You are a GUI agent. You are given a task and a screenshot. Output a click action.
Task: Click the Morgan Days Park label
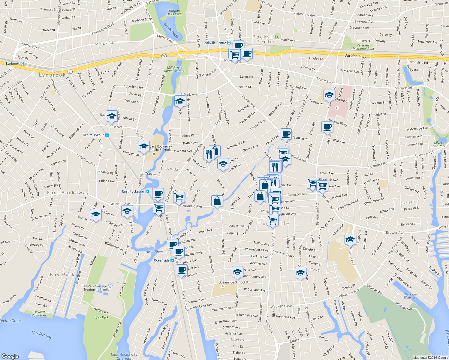174,12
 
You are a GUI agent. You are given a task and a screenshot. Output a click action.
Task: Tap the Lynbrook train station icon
22,64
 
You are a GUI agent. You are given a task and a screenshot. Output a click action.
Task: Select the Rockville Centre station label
214,43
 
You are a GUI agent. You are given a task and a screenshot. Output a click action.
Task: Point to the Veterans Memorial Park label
363,47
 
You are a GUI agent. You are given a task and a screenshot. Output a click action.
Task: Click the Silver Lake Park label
438,144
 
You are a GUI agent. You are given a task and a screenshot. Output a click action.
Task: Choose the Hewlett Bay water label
42,334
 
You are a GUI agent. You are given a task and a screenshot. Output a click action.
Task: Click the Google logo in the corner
10,356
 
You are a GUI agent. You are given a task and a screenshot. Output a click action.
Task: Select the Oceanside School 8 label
233,282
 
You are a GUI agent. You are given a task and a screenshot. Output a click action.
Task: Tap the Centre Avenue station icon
107,135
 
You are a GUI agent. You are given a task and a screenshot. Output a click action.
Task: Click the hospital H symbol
337,108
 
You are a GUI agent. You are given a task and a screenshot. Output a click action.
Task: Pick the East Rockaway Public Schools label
161,148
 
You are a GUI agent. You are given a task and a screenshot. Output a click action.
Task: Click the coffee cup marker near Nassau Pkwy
327,126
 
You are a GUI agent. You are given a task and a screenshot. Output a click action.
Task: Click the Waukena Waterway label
410,296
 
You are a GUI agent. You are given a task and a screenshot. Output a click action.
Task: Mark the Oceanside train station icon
172,260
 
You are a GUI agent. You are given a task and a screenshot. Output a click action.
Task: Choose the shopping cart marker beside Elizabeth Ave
312,183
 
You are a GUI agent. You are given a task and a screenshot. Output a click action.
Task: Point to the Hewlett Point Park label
39,313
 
